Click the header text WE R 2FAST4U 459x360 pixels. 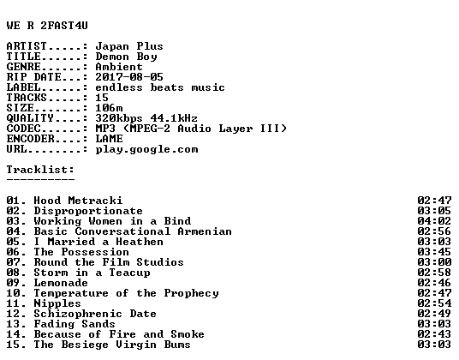tap(47, 26)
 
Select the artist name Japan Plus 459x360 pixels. tap(129, 46)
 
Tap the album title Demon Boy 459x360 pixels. tap(126, 57)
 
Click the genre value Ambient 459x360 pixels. tap(119, 67)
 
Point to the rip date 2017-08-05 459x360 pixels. tap(129, 77)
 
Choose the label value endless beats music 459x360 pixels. tap(160, 87)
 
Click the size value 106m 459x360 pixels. tap(109, 108)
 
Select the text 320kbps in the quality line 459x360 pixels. tap(119, 118)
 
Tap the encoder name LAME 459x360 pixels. tap(109, 139)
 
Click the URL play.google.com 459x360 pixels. tap(146, 149)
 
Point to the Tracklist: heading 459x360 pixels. tap(40, 170)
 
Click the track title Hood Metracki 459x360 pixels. tap(78, 201)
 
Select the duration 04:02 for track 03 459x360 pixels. tap(434, 221)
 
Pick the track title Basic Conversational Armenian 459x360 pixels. tap(133, 231)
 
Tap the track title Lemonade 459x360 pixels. tap(61, 283)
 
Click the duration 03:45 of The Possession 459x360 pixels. tap(434, 252)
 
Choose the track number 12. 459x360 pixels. tap(13, 314)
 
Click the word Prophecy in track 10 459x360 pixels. tap(192, 293)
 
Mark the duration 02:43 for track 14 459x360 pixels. tap(434, 334)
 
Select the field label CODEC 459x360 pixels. tap(23, 129)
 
